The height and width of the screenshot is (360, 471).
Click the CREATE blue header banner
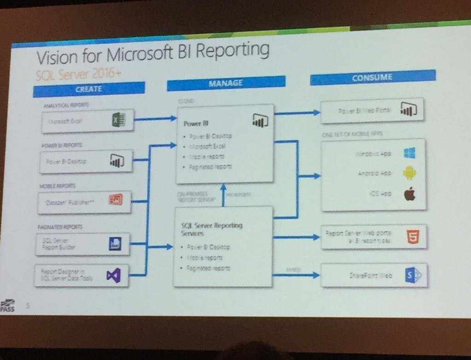click(x=89, y=88)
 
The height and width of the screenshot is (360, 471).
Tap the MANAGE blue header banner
click(x=226, y=83)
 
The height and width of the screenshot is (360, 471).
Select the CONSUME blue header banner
click(x=373, y=77)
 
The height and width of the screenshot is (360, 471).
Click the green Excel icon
click(x=118, y=120)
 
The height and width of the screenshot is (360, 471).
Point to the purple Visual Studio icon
click(x=113, y=275)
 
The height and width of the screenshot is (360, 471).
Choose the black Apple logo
click(x=409, y=194)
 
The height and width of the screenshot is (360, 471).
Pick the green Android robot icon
click(x=409, y=173)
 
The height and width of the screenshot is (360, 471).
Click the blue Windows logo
click(x=409, y=153)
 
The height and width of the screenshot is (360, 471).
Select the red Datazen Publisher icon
click(x=115, y=200)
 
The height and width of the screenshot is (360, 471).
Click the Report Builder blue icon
click(x=115, y=243)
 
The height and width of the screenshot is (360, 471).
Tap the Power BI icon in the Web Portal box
click(x=408, y=109)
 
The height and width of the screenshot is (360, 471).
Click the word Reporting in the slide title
click(x=232, y=50)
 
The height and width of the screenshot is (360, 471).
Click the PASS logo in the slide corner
click(x=8, y=305)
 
